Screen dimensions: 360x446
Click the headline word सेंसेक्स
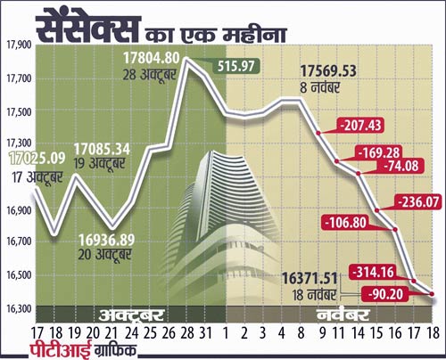(84, 28)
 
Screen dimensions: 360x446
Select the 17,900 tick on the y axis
(19, 45)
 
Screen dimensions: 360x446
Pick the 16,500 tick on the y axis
(19, 275)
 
